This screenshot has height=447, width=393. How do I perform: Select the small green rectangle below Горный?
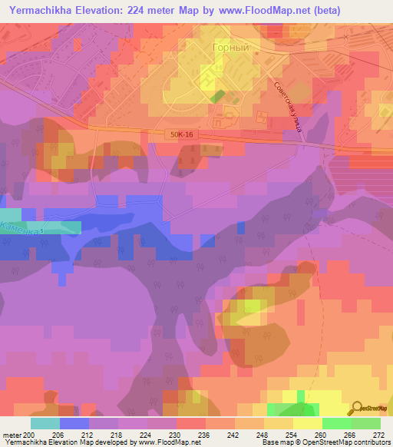pyautogui.click(x=218, y=98)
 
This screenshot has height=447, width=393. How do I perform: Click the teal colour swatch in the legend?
pyautogui.click(x=45, y=423)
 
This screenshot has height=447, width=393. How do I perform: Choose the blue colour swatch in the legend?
pyautogui.click(x=74, y=423)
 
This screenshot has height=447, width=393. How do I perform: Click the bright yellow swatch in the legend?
pyautogui.click(x=307, y=423)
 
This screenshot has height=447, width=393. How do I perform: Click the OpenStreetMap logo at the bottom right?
pyautogui.click(x=372, y=409)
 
